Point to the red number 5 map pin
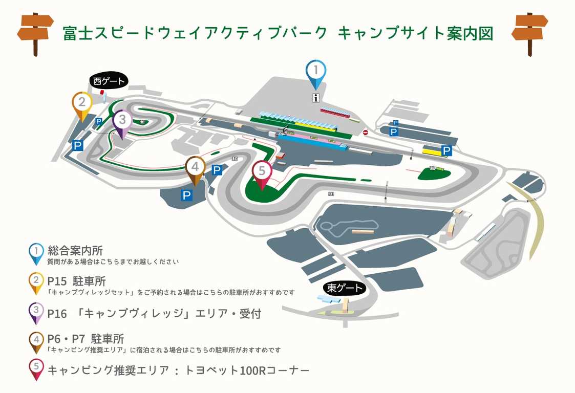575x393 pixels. pyautogui.click(x=262, y=175)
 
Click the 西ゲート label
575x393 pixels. pyautogui.click(x=109, y=81)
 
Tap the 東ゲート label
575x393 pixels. pyautogui.click(x=345, y=288)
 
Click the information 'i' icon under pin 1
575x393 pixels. pyautogui.click(x=316, y=98)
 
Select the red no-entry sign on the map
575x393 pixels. pyautogui.click(x=366, y=133)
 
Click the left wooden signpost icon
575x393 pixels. pyautogui.click(x=35, y=33)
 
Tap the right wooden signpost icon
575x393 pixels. pyautogui.click(x=529, y=33)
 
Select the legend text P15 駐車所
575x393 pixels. pyautogui.click(x=77, y=281)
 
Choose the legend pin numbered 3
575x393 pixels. pyautogui.click(x=36, y=313)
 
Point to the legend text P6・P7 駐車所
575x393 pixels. pyautogui.click(x=86, y=338)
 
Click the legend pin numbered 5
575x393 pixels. pyautogui.click(x=36, y=369)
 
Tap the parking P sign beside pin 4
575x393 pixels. pyautogui.click(x=217, y=170)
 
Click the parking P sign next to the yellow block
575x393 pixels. pyautogui.click(x=446, y=150)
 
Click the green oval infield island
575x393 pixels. pyautogui.click(x=435, y=172)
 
